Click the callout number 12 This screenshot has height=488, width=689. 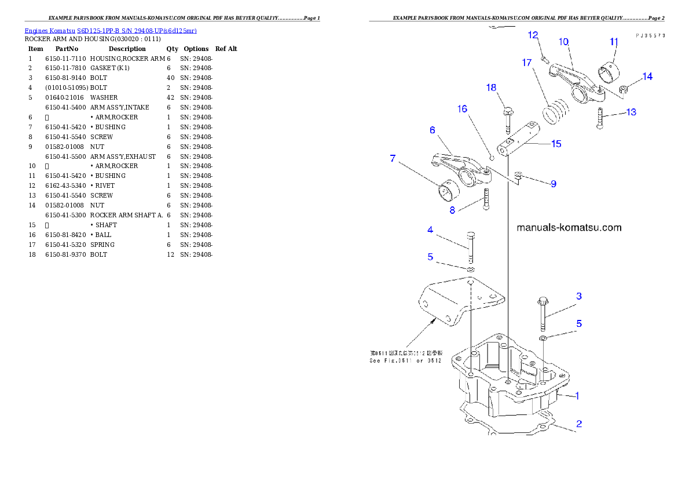[533, 35]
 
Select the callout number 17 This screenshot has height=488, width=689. [526, 63]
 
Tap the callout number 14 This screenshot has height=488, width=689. [647, 77]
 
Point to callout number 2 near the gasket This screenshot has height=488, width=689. [579, 424]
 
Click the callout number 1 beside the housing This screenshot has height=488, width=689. [577, 396]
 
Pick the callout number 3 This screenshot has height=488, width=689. [578, 296]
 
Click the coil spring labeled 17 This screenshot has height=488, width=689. [555, 110]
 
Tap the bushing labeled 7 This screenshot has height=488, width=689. [446, 191]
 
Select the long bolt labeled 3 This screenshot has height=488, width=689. [543, 314]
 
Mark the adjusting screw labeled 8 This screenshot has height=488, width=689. [486, 200]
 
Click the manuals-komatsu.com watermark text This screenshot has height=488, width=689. [569, 228]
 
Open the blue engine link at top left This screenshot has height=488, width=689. [111, 30]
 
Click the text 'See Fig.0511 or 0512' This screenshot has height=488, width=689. [405, 360]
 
